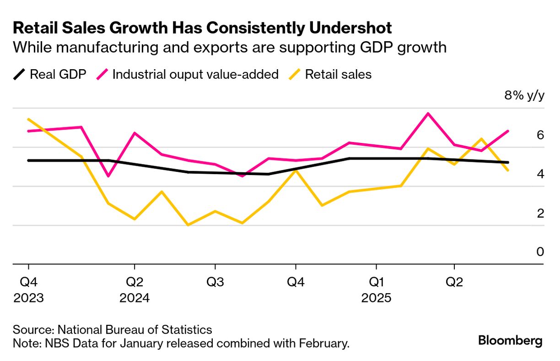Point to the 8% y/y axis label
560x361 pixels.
tap(524, 96)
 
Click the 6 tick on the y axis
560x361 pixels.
tap(540, 135)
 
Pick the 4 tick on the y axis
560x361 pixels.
tap(540, 174)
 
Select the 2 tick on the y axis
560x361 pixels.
tap(540, 213)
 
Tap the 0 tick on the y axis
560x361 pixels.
tap(540, 252)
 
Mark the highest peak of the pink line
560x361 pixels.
tap(428, 113)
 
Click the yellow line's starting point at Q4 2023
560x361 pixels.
tap(28, 119)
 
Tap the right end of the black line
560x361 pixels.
tap(508, 162)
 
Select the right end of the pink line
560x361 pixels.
tap(508, 131)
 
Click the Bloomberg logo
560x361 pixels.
tap(510, 341)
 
